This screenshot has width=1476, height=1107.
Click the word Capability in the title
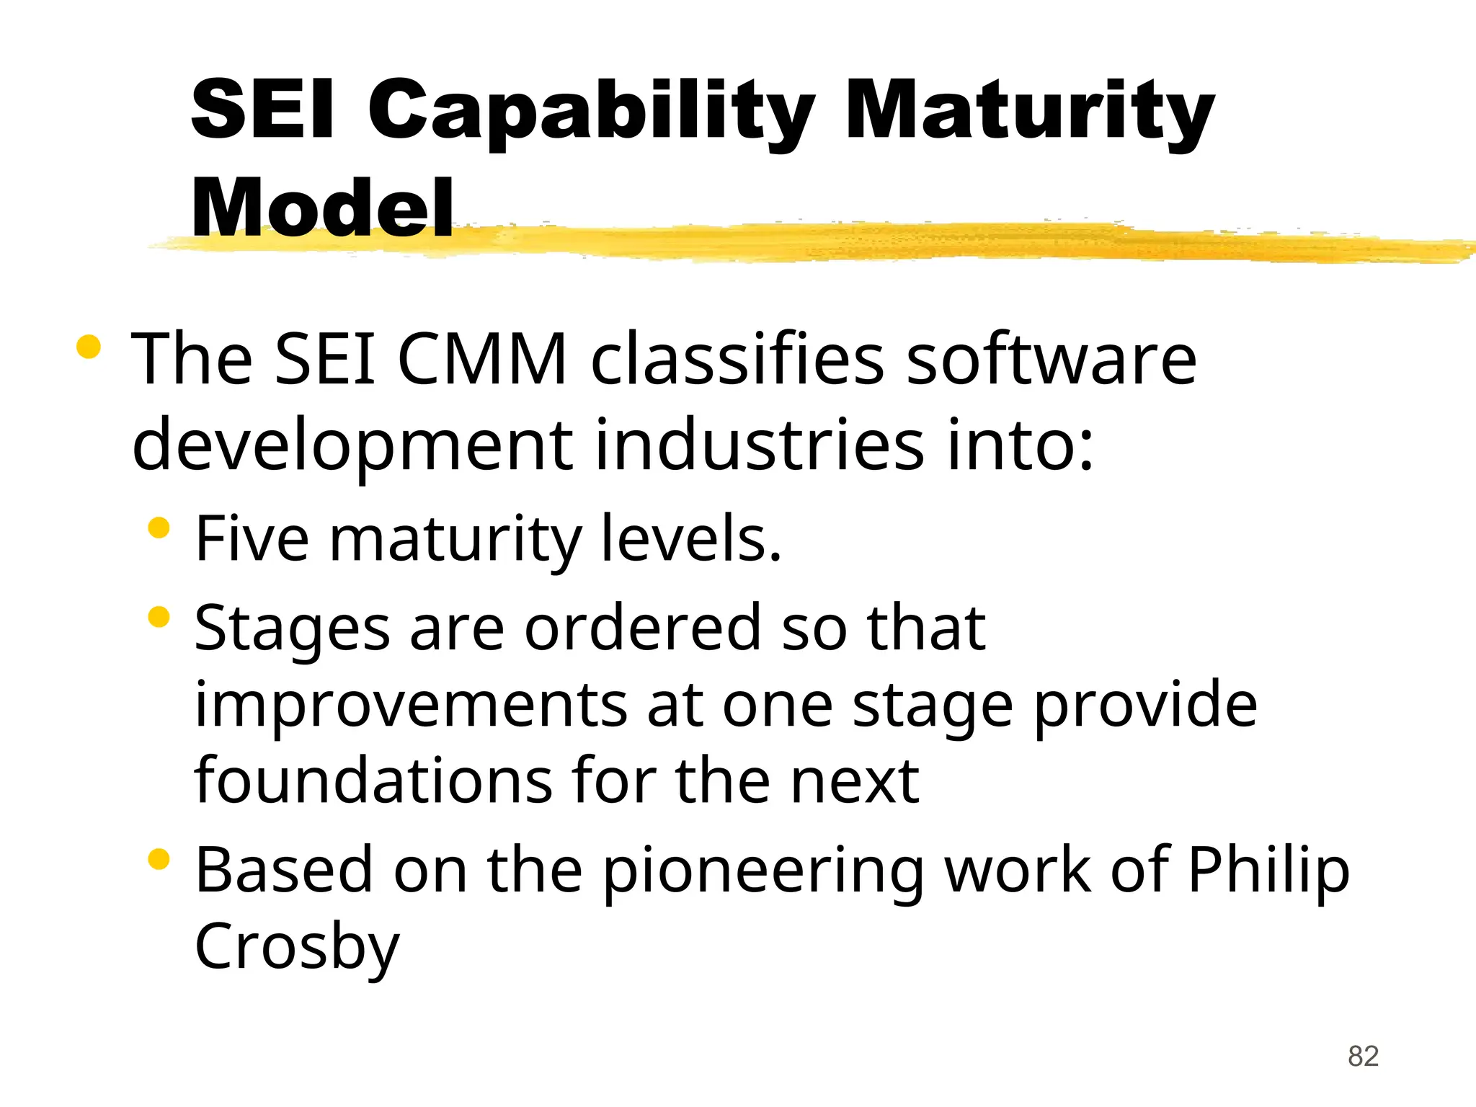pos(591,112)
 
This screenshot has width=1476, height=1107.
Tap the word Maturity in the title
pos(1031,112)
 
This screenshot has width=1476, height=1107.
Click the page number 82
pos(1363,1057)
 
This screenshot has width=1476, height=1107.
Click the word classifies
pos(737,360)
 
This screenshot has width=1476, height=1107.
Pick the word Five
pos(252,539)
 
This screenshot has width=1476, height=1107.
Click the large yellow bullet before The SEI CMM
pos(88,347)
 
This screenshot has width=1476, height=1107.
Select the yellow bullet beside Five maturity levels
pos(158,528)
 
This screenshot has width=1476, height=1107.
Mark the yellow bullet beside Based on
pos(158,859)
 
